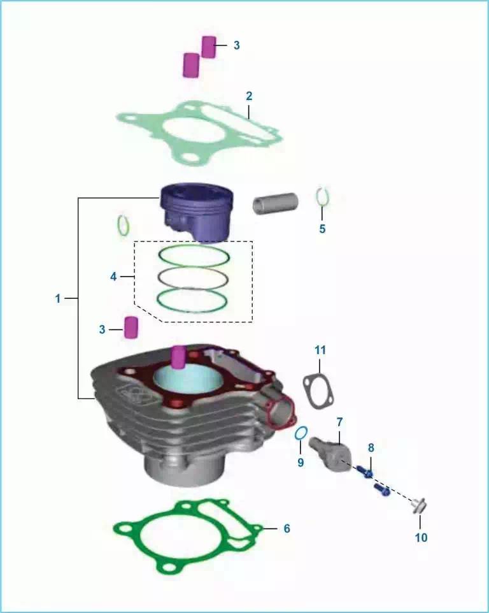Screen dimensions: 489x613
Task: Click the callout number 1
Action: [58, 298]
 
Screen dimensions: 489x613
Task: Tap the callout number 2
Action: [249, 96]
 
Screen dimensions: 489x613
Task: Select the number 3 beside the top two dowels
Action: [236, 45]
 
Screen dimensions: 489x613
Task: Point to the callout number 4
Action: [113, 277]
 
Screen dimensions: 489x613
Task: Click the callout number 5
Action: [322, 229]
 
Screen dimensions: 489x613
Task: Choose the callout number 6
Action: [287, 528]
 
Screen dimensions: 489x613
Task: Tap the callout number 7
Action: [339, 422]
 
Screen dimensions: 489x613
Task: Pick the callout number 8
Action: [371, 447]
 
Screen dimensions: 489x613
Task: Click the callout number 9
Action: [301, 463]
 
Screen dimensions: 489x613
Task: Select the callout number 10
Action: [421, 538]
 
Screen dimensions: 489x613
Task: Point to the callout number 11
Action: [320, 350]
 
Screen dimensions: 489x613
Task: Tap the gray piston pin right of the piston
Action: [275, 203]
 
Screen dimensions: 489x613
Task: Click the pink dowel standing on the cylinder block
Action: [178, 357]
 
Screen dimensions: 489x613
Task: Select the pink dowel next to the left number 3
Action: [131, 328]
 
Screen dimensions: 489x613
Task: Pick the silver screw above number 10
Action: [418, 506]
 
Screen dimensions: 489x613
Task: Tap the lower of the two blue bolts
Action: [381, 489]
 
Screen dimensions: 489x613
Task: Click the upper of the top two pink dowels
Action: [209, 47]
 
